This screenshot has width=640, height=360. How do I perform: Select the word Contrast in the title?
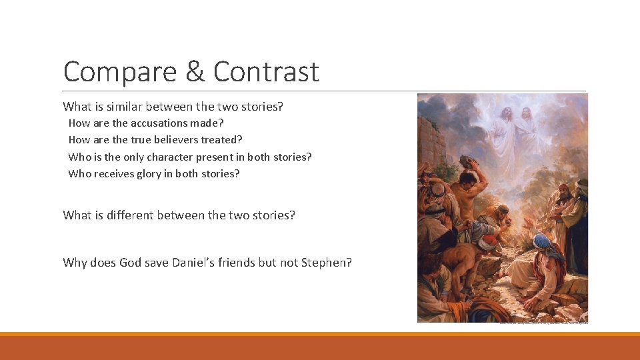click(266, 71)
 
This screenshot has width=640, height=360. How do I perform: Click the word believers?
click(175, 140)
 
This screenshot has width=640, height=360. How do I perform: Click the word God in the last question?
click(131, 263)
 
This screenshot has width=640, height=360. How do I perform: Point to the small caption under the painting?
click(543, 324)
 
